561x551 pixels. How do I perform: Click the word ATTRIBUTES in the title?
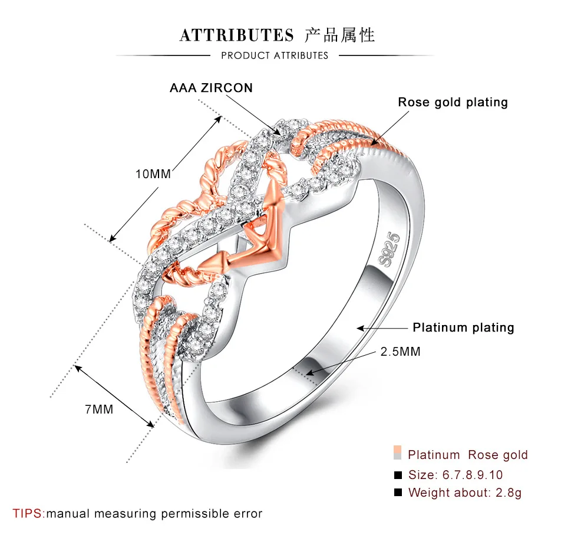(236, 35)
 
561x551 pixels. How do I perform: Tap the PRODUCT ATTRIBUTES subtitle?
(275, 55)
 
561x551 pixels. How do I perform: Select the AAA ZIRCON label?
(211, 88)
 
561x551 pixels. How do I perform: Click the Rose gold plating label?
(453, 102)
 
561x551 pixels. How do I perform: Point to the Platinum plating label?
(463, 327)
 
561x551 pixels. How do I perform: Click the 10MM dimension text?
(153, 174)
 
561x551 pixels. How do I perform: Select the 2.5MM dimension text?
(400, 352)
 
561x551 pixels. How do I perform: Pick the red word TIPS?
(28, 513)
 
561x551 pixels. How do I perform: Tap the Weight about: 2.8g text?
(464, 493)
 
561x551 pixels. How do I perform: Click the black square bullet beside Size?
(398, 474)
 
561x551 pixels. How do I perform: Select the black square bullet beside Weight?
(398, 492)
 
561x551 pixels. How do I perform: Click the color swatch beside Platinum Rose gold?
(398, 454)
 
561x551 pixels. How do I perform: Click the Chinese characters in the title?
(340, 35)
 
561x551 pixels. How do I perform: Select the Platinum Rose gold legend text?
(467, 455)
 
